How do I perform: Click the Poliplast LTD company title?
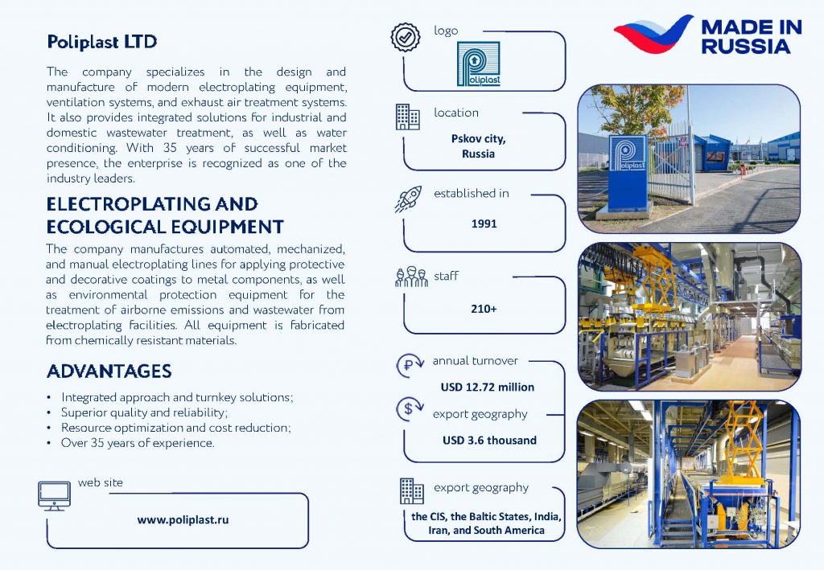tap(102, 42)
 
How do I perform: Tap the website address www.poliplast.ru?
tap(183, 519)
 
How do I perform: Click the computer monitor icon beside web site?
tap(54, 496)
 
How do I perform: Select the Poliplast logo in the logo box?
tap(478, 64)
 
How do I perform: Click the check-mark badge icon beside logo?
tap(406, 37)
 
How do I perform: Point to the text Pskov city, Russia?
tap(478, 146)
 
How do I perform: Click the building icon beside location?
tap(407, 117)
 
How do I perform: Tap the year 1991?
tap(484, 223)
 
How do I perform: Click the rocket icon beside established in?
tap(408, 199)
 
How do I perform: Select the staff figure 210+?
tap(484, 309)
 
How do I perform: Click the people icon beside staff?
tap(411, 277)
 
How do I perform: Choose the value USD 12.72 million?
tap(487, 388)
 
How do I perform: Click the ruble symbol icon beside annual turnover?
tap(410, 365)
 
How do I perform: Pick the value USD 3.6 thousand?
tap(489, 441)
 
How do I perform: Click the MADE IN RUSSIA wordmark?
tap(752, 36)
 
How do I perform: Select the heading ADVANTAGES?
tap(109, 371)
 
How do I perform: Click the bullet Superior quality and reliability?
tap(145, 412)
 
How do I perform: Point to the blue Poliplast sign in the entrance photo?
tap(628, 172)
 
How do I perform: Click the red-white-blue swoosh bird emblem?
tap(653, 34)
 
